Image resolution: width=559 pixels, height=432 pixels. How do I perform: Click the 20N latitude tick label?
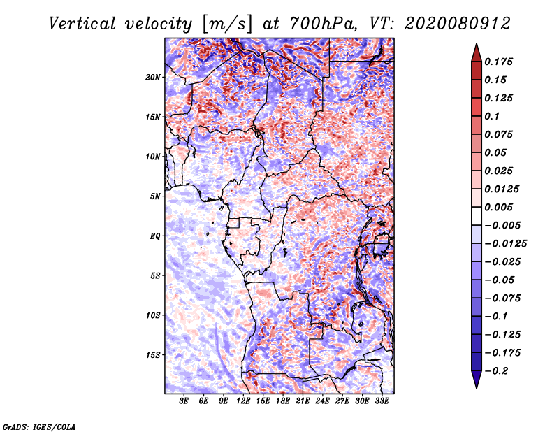[x=153, y=78]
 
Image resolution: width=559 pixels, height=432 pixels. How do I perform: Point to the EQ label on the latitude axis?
[x=154, y=236]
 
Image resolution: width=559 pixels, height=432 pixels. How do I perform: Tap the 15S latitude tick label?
[x=153, y=355]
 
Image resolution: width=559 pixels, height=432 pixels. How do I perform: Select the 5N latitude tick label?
[x=155, y=196]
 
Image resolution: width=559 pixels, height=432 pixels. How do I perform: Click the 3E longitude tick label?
[x=184, y=401]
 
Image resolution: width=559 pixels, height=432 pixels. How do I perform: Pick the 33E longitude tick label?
[x=382, y=401]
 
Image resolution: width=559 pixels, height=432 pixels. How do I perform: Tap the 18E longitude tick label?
[x=283, y=401]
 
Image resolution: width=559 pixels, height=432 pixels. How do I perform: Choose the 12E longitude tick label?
[x=243, y=401]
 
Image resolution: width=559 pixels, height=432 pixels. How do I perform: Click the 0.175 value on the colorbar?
[x=498, y=62]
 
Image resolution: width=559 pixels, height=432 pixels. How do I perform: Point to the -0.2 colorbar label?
[x=496, y=371]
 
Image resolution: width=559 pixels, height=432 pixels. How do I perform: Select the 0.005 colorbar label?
[x=498, y=207]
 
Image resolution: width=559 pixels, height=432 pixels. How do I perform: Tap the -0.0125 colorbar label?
[x=505, y=244]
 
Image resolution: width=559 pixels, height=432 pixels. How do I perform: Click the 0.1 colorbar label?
[x=492, y=116]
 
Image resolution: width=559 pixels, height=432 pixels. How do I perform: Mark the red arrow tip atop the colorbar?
[x=477, y=43]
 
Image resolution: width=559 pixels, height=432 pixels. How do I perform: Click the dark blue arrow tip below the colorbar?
[x=477, y=388]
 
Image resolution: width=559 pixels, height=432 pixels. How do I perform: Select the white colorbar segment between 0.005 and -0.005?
[x=477, y=216]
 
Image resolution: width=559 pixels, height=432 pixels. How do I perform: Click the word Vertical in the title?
[x=82, y=24]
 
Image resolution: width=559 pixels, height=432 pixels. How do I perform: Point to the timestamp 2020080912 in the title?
[x=458, y=24]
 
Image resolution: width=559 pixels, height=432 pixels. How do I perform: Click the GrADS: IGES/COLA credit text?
[x=39, y=426]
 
